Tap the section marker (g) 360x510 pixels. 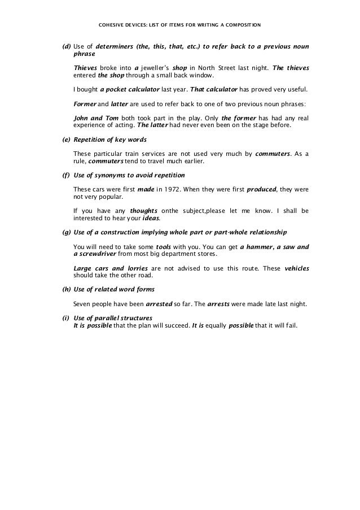[x=65, y=233]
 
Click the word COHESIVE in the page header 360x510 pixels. [x=111, y=25]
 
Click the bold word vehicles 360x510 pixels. [x=296, y=269]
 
